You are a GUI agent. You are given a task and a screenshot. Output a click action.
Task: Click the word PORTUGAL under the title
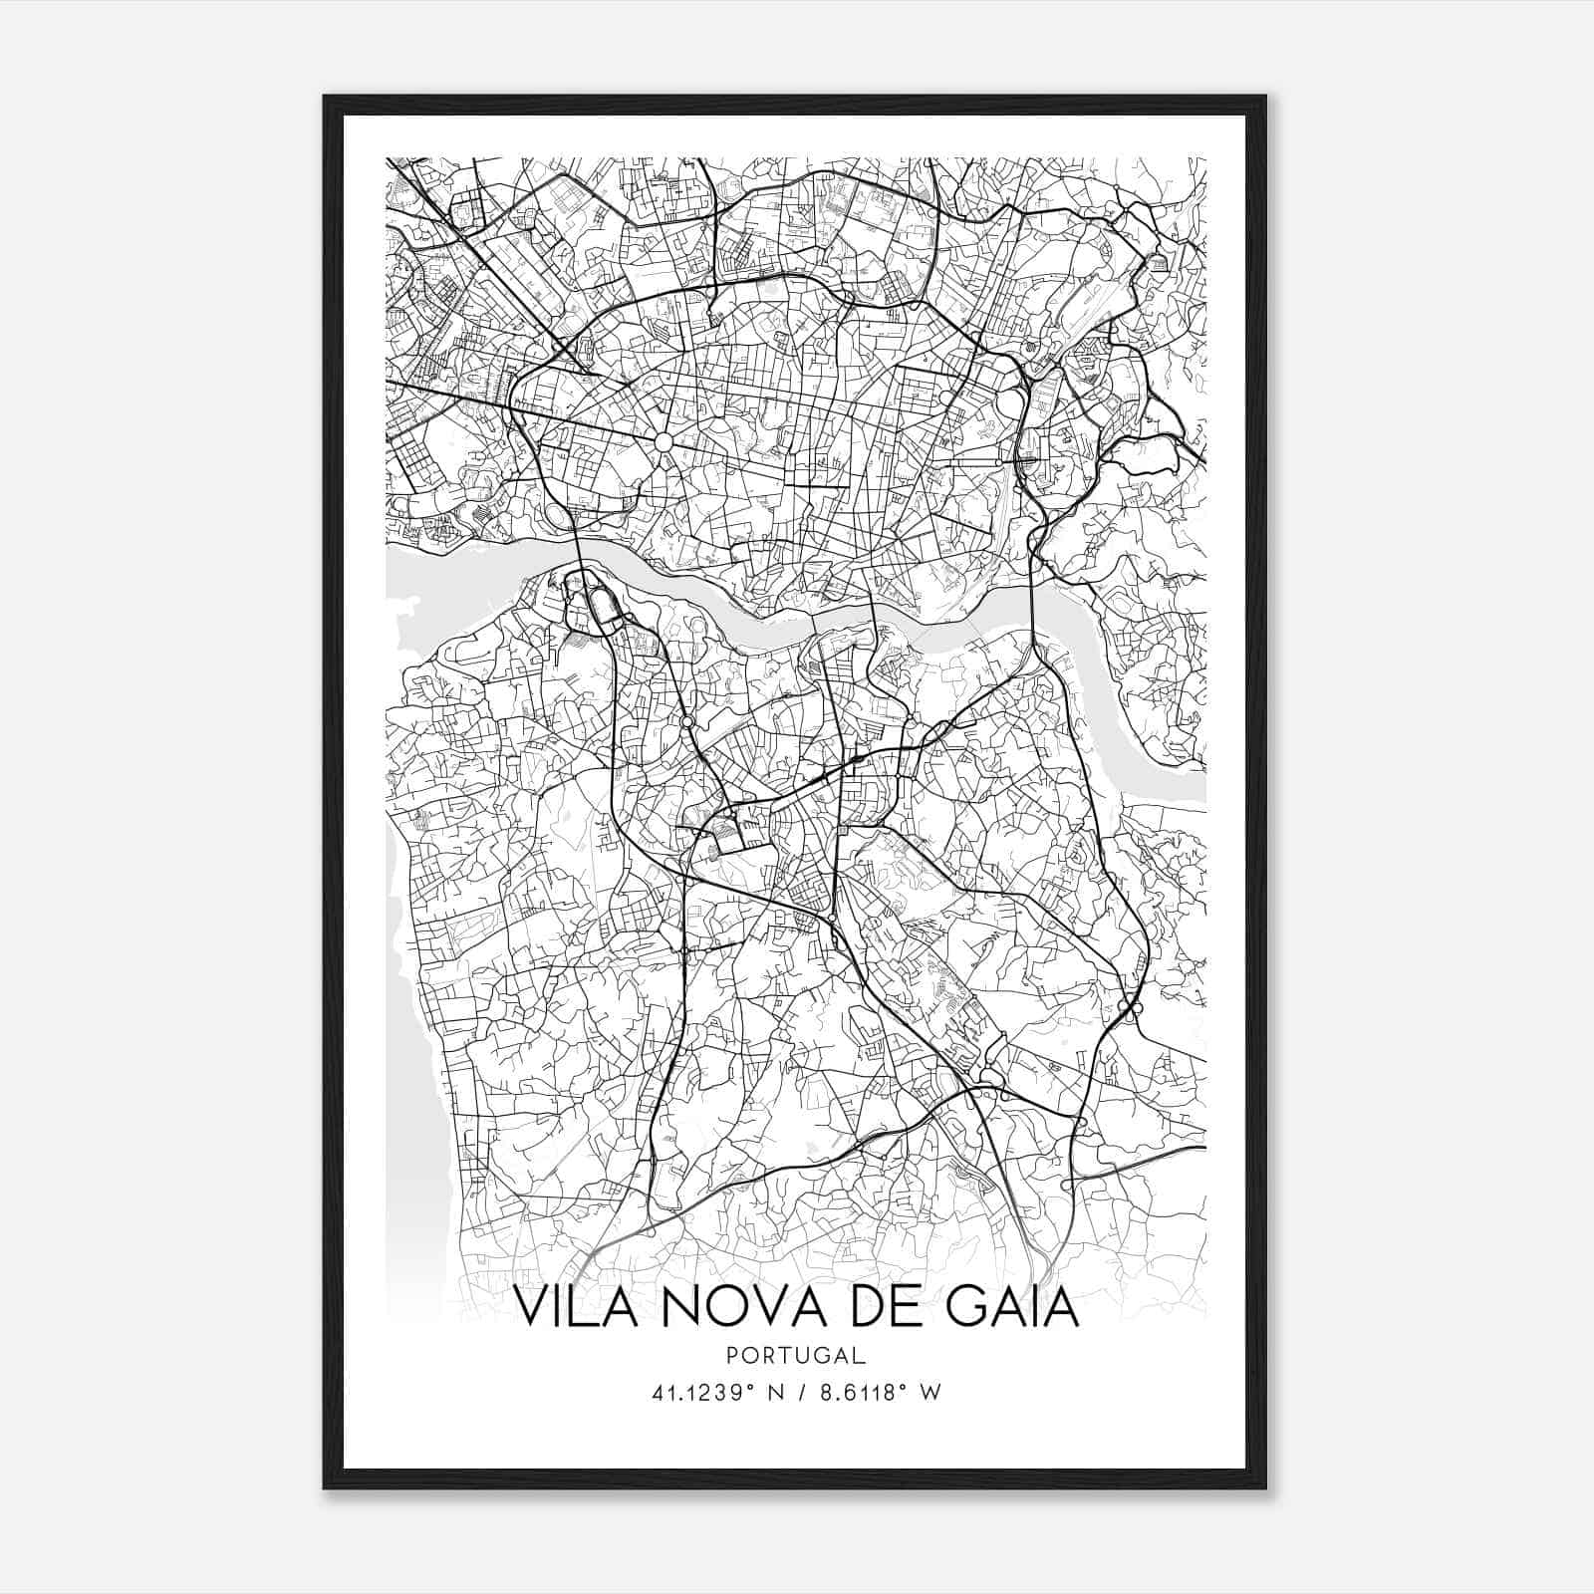796,1356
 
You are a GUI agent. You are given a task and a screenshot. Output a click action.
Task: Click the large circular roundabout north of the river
663,440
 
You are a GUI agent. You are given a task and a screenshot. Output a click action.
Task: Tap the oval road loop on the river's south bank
601,604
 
